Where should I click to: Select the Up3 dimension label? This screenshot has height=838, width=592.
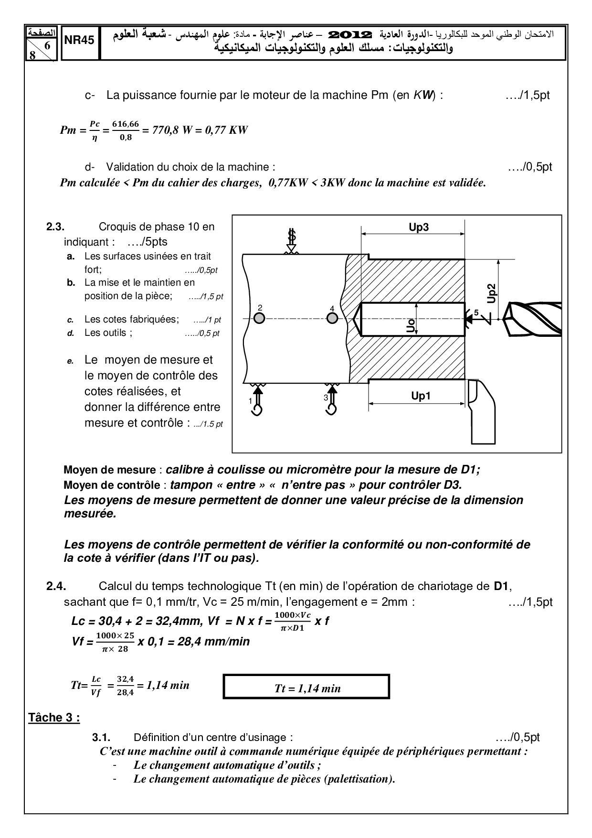[x=419, y=227]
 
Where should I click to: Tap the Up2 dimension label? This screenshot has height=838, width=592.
[x=492, y=293]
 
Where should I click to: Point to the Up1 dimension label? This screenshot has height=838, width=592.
[x=421, y=396]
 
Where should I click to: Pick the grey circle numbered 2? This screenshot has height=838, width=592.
[x=259, y=318]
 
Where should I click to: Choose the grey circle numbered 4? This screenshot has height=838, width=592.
[x=332, y=318]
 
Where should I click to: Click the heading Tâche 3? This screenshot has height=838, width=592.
[x=54, y=718]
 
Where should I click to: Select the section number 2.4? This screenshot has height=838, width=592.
[x=56, y=586]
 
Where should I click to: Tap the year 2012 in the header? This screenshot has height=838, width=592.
[x=351, y=34]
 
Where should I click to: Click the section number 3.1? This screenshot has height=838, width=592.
[x=101, y=737]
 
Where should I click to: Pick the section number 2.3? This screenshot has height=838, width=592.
[x=55, y=227]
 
